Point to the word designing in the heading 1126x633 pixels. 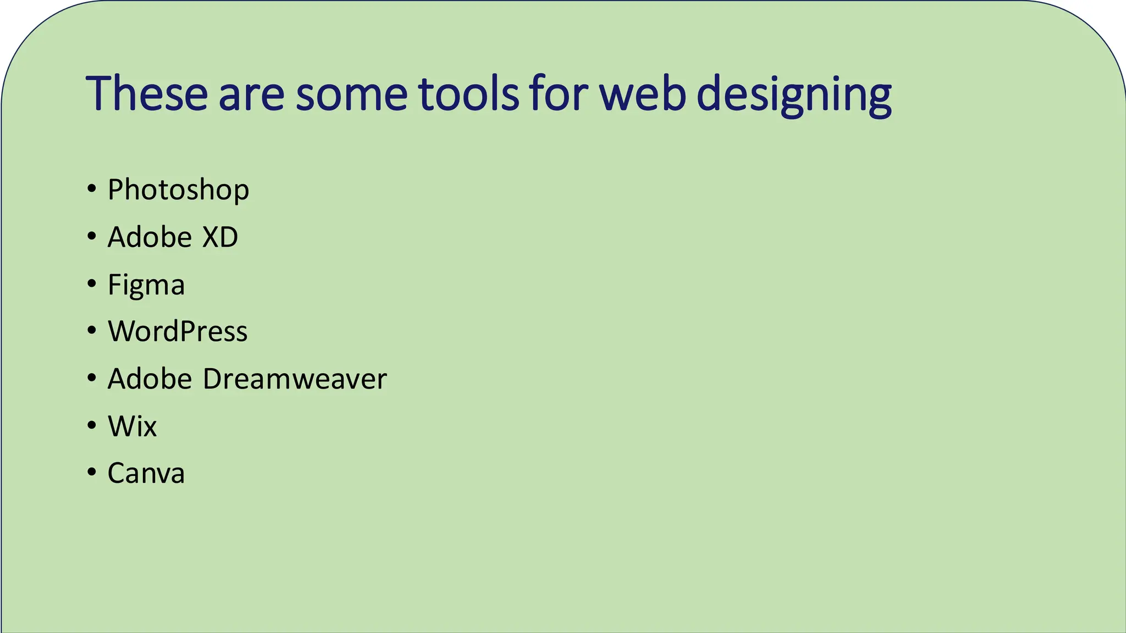pos(794,95)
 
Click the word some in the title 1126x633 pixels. pos(351,95)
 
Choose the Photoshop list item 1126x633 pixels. pos(178,190)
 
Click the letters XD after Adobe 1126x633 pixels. pos(220,237)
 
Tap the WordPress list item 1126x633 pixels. pos(178,332)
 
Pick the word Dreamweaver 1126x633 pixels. pos(295,379)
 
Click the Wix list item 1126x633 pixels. pos(133,426)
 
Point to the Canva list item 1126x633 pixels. pos(146,474)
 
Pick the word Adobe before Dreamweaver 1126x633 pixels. pos(150,379)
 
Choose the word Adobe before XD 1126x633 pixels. pos(150,237)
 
